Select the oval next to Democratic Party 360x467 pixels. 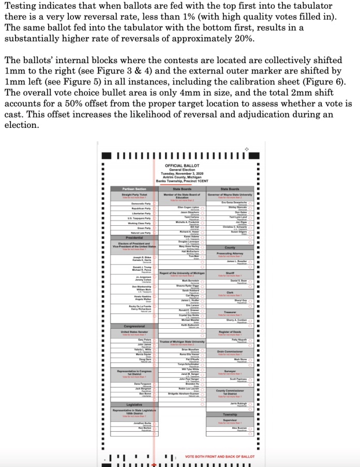(x=154, y=204)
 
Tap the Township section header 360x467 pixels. (x=230, y=414)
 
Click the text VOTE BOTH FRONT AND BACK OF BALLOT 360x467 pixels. (x=220, y=457)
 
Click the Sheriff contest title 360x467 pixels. (x=230, y=273)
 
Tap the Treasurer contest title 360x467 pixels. (x=230, y=312)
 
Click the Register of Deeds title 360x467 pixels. (x=230, y=331)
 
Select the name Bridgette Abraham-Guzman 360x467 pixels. (x=184, y=394)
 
